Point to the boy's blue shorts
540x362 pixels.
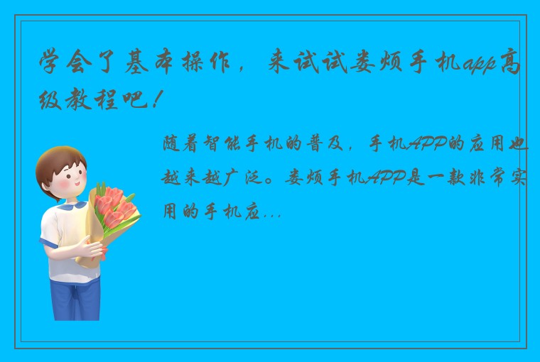tap(75, 298)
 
